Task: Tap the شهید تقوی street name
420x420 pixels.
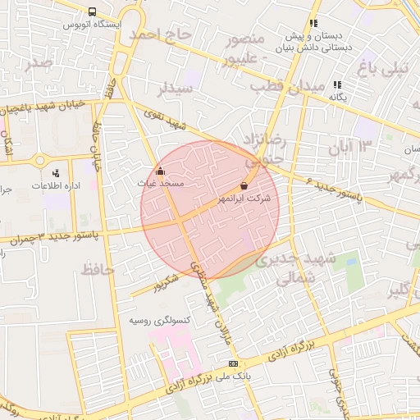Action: coord(167,121)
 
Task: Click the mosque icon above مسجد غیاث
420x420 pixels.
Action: coord(160,172)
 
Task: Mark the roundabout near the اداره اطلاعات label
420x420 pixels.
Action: coord(40,160)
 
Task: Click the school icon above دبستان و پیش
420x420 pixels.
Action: coord(312,24)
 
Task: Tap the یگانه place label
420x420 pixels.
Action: coord(338,97)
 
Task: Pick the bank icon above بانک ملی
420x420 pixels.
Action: coord(234,363)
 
